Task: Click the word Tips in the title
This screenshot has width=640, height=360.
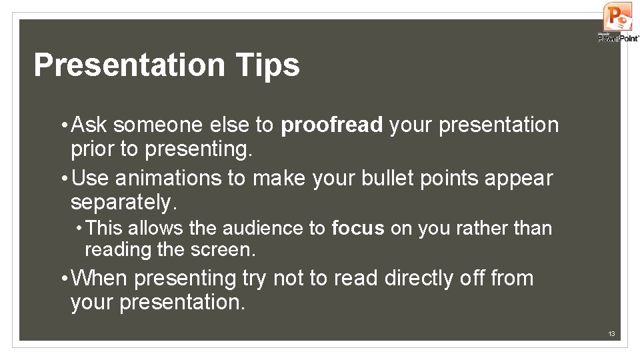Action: pos(267,65)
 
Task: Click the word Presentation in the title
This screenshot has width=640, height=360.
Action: pos(129,65)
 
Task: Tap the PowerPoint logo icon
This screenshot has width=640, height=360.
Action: pos(617,17)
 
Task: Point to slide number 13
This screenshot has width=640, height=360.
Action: pos(611,333)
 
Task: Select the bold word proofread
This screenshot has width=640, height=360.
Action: pos(332,125)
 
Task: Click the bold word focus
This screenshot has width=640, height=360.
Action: pos(358,229)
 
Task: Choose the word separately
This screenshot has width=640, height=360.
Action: pos(122,201)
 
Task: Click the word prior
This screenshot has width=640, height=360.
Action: pos(92,149)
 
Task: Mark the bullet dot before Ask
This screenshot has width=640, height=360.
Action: pos(62,125)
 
